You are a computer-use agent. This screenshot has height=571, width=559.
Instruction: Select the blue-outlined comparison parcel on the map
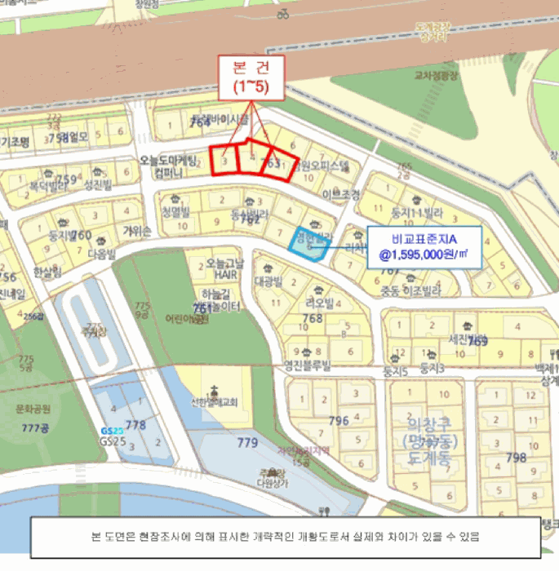click(x=311, y=242)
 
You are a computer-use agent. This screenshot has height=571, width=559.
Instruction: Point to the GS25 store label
click(x=113, y=440)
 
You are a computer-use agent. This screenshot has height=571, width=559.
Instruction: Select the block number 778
click(x=135, y=424)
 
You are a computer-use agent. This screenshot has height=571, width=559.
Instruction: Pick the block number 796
click(x=338, y=421)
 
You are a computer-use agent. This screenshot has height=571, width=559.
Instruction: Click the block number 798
click(x=516, y=457)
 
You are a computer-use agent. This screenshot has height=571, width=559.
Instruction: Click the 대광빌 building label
click(x=267, y=281)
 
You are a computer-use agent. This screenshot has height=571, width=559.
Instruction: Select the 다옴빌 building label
click(x=102, y=254)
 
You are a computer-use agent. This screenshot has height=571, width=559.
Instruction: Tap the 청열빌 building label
click(x=175, y=211)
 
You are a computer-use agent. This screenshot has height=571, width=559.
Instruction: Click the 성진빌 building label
click(x=98, y=185)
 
